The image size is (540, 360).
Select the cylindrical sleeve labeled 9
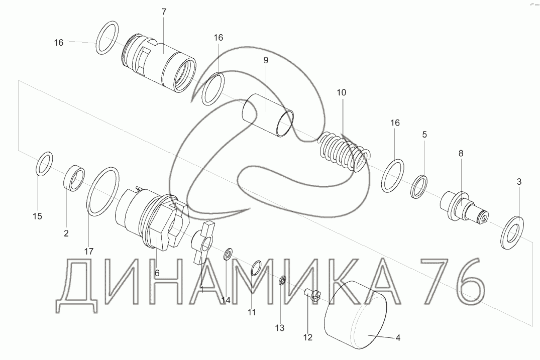point(268,115)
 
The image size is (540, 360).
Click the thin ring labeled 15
point(44,163)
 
